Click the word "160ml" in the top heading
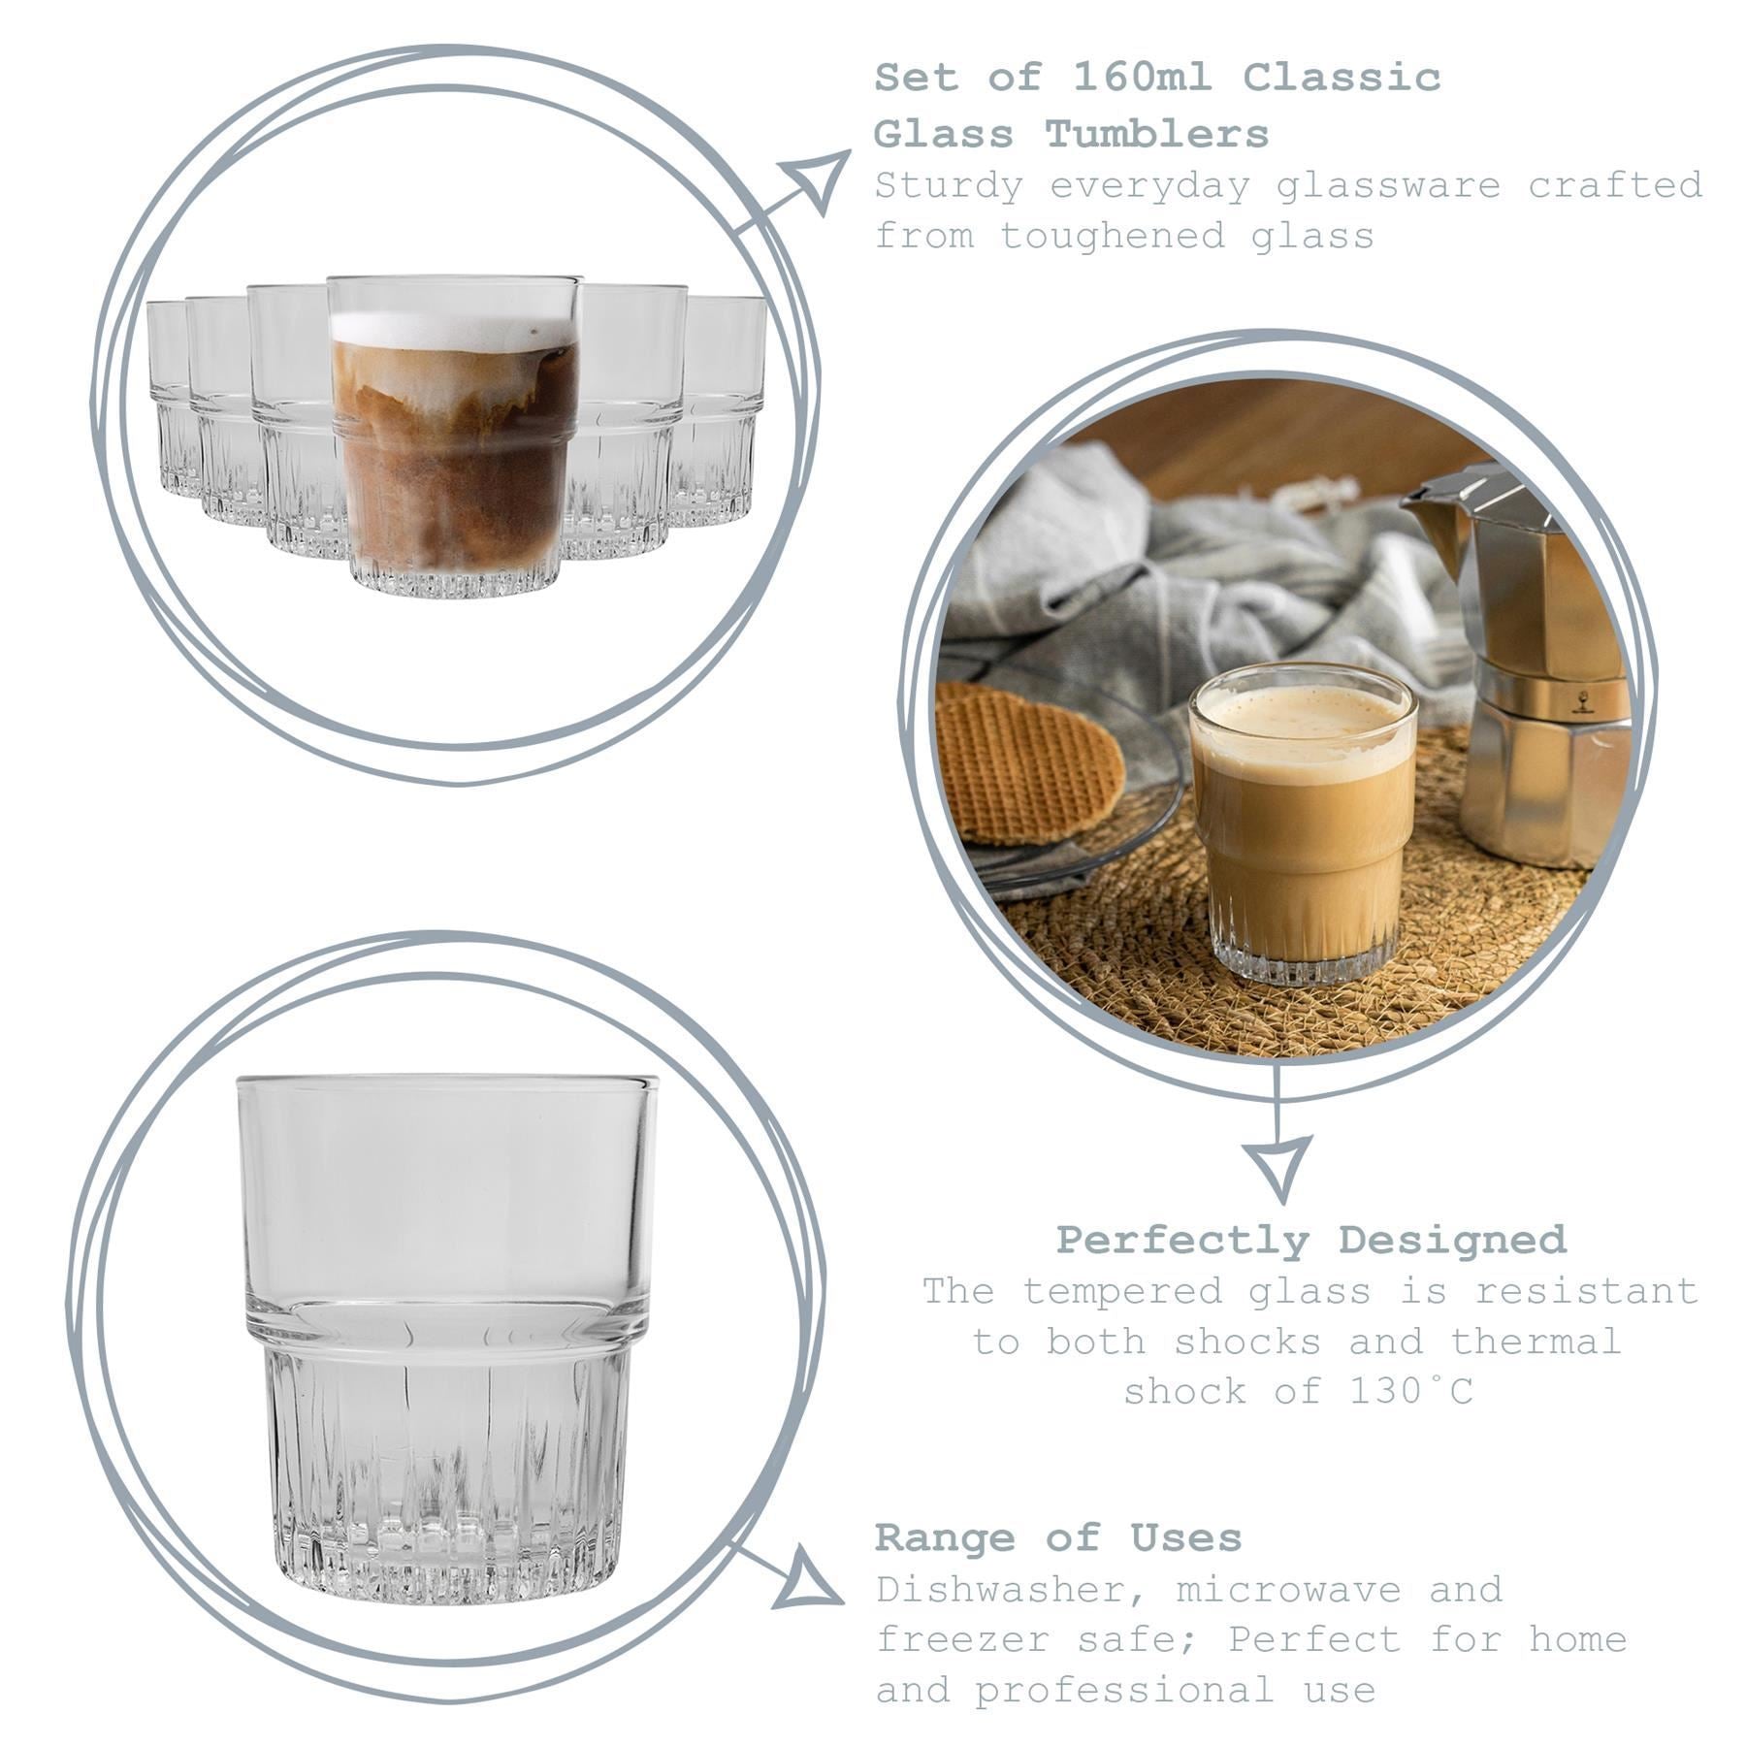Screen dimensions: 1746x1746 coord(1141,78)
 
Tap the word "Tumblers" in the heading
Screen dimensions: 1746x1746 coord(1156,135)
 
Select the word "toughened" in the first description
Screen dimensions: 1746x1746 coord(1113,237)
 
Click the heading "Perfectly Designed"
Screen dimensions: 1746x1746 coord(1310,1240)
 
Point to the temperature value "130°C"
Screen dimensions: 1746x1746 coord(1411,1392)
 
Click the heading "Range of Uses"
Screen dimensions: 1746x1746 coord(1058,1537)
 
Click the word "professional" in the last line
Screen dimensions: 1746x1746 coord(1125,1691)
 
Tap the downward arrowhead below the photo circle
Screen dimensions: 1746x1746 coord(1277,1165)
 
